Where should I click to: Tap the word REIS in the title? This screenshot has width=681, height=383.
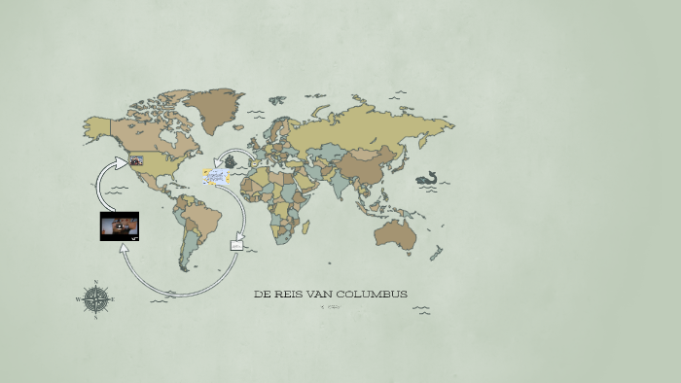coord(291,294)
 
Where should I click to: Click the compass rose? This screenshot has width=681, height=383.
coord(95,299)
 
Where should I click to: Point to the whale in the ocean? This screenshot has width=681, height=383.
coord(426,179)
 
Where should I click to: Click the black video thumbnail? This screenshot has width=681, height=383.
coord(120,226)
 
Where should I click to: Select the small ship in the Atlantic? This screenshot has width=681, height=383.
coord(230,161)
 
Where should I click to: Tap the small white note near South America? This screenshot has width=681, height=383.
coord(235,246)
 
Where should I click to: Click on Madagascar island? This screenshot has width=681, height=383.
coord(305,226)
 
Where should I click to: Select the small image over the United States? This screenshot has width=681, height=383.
coord(136,160)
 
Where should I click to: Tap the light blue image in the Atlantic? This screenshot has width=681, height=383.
coord(215,176)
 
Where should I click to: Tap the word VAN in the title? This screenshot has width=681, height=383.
coord(321,294)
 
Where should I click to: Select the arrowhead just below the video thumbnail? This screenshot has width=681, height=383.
coord(123,248)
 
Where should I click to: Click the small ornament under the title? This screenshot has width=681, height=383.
coord(331,307)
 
